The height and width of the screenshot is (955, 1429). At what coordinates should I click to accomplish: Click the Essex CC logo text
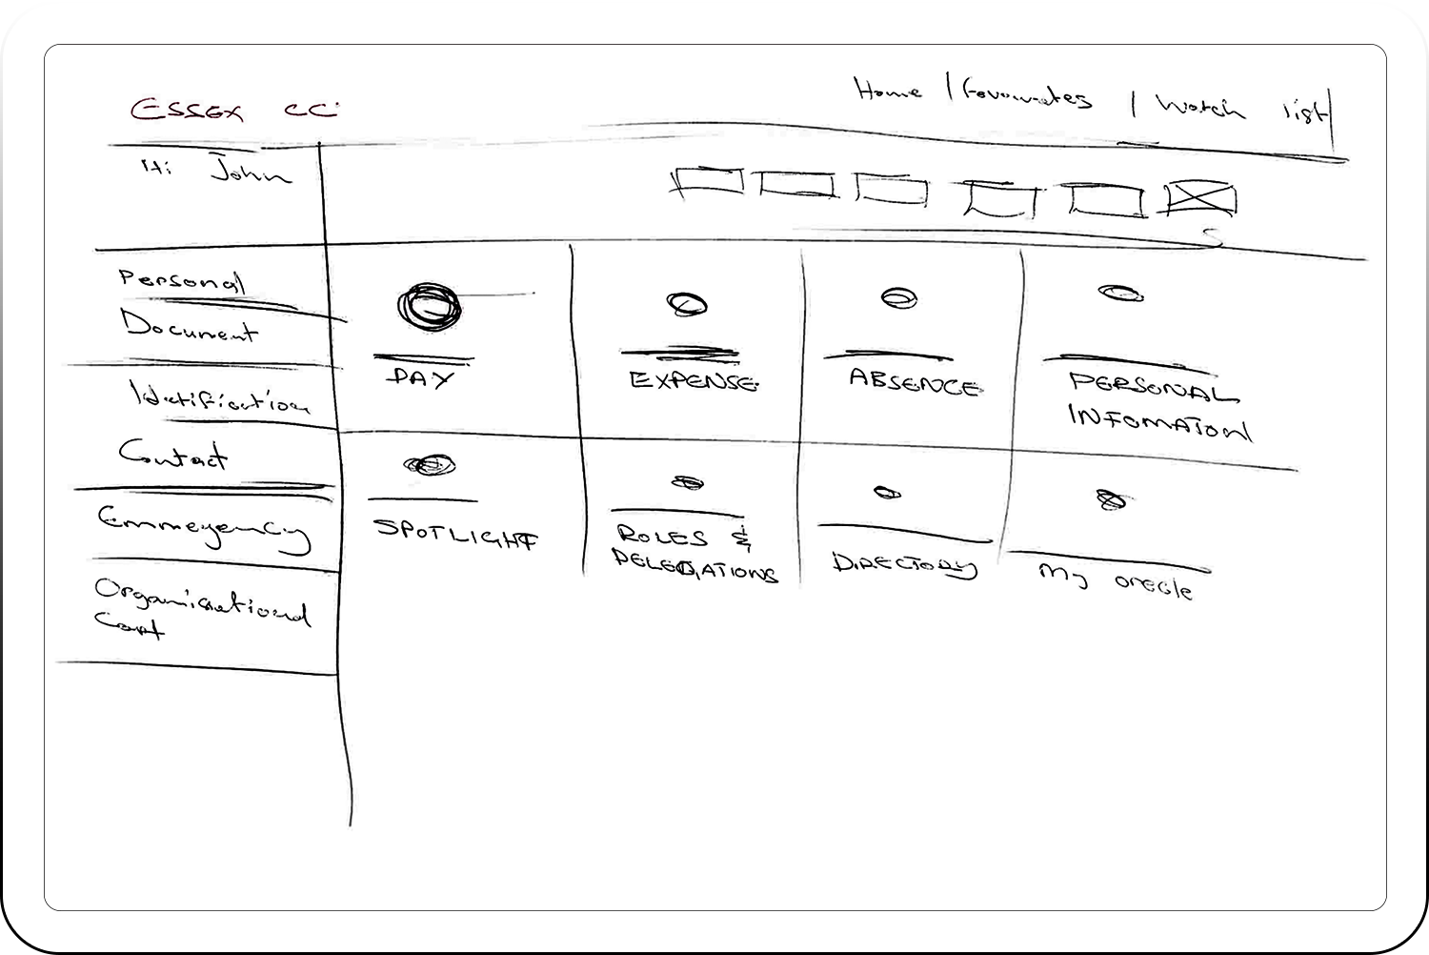[233, 110]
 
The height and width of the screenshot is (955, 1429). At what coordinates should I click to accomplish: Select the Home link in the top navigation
[888, 91]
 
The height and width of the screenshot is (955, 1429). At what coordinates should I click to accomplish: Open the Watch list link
[1238, 108]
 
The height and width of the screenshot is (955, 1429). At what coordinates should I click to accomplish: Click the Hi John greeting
[217, 172]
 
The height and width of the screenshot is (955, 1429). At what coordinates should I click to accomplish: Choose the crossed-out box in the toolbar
[1200, 199]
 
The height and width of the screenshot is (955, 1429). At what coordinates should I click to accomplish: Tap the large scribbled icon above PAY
[429, 307]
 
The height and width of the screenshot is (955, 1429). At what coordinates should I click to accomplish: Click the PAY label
[421, 377]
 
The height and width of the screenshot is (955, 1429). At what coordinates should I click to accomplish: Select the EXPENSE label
[693, 381]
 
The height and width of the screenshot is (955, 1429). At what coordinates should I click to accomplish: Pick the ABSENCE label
[913, 382]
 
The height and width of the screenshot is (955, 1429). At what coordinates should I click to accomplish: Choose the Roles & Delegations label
[693, 554]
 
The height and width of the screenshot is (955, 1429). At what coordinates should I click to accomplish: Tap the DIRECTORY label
[904, 564]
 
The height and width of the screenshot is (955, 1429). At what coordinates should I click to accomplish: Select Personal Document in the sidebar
[187, 305]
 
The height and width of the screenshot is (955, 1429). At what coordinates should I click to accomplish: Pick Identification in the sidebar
[219, 397]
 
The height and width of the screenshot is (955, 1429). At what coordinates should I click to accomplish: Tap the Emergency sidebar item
[204, 527]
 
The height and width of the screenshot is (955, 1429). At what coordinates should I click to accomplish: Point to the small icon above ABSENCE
[898, 298]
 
